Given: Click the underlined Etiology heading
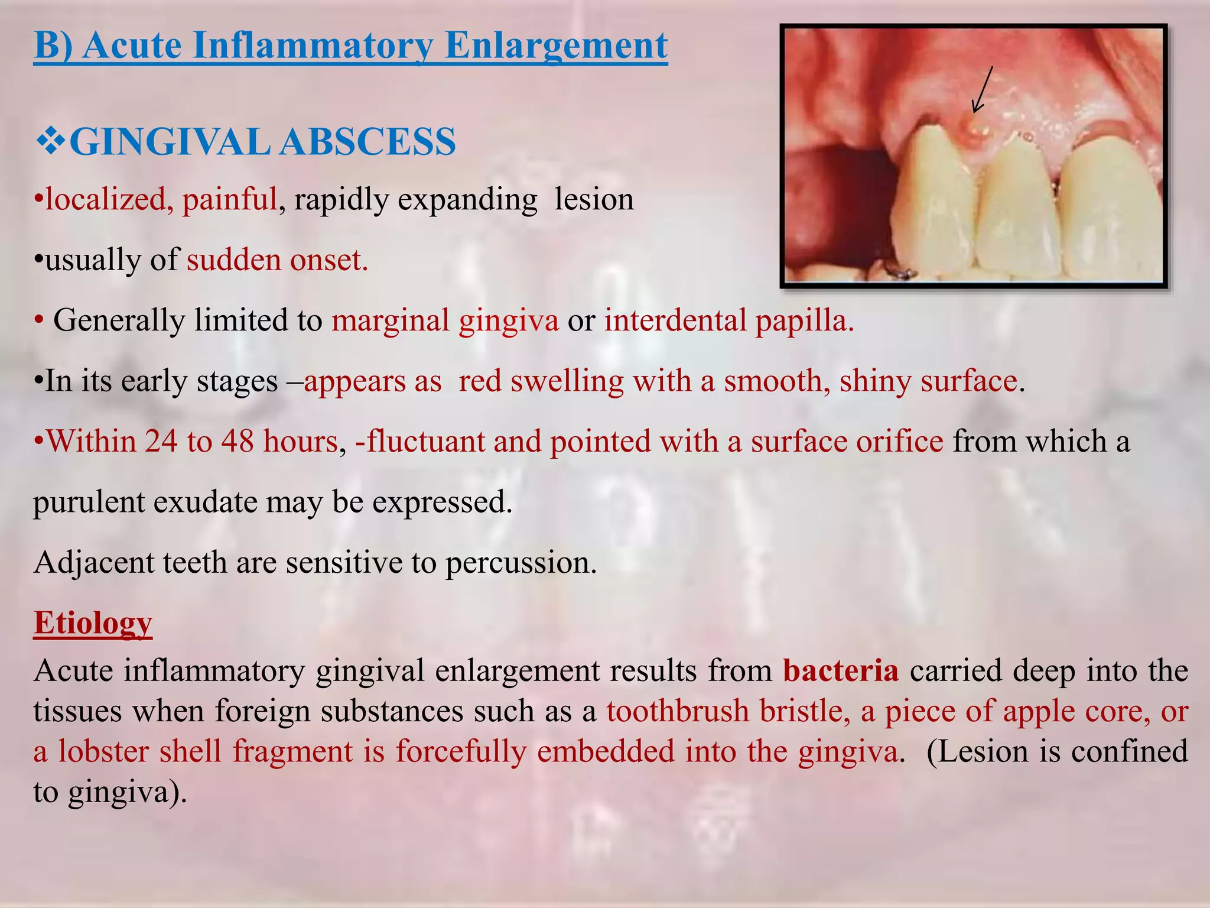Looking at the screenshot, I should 93,622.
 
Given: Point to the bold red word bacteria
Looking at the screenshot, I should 841,670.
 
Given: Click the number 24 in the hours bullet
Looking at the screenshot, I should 161,441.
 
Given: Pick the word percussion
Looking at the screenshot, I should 521,562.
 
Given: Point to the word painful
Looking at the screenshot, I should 229,199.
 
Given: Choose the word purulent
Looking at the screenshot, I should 89,502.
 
